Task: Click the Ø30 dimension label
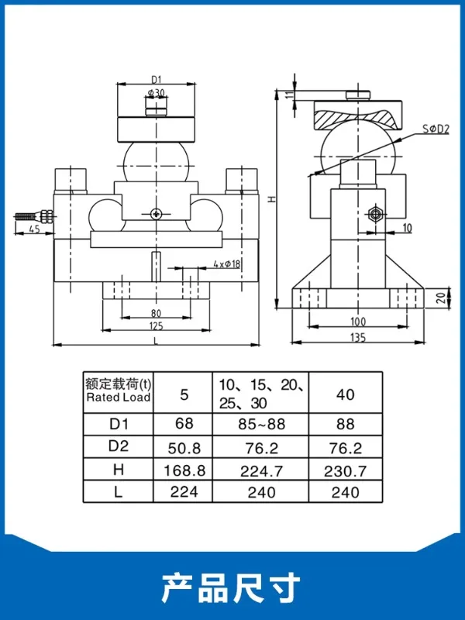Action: click(157, 93)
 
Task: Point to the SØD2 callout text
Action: click(436, 129)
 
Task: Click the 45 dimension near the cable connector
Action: click(35, 229)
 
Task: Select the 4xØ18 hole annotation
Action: click(227, 263)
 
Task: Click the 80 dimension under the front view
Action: click(157, 313)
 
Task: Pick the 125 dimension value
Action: click(157, 325)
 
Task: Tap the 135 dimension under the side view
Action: click(358, 337)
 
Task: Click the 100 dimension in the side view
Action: click(358, 322)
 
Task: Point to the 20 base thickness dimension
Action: click(442, 298)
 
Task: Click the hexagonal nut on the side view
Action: click(374, 215)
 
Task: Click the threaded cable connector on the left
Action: click(34, 216)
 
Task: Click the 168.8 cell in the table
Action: click(184, 470)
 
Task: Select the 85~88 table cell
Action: click(261, 424)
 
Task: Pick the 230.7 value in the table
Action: click(345, 470)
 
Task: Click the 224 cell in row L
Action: click(184, 491)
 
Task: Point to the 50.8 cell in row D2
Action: click(184, 448)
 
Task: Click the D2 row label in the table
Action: click(119, 446)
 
